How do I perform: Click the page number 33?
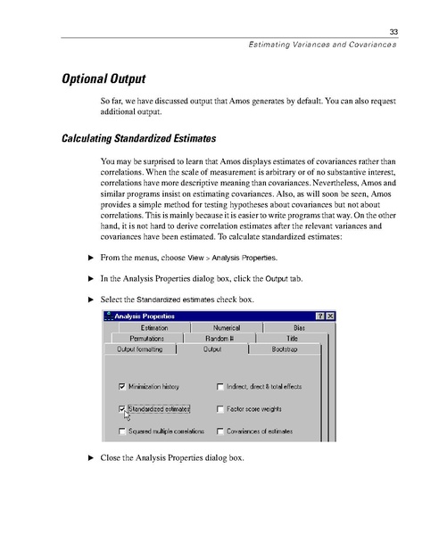tap(392, 33)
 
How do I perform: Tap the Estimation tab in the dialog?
tap(154, 328)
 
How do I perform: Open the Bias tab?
tap(299, 328)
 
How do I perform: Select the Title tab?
tap(291, 339)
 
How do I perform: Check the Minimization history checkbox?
tap(122, 387)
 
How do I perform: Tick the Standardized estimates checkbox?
tap(122, 409)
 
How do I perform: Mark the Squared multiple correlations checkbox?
tap(122, 431)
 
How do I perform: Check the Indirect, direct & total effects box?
tap(219, 387)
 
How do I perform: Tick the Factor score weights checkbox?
tap(219, 409)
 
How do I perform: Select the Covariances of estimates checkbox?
tap(219, 431)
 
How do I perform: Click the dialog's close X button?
tap(329, 316)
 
